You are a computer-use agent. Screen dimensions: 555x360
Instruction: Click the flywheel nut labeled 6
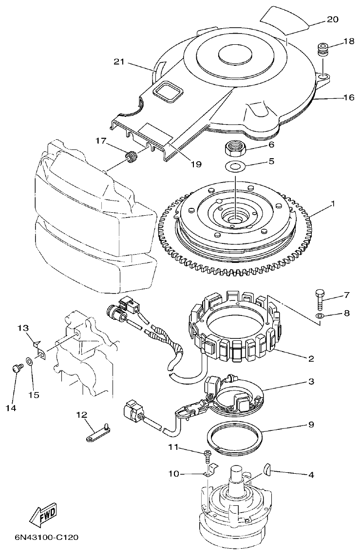(x=236, y=146)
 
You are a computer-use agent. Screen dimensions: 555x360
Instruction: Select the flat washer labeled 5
(x=236, y=166)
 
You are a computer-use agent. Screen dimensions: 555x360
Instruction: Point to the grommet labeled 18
(x=322, y=50)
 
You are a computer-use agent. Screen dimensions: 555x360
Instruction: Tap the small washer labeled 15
(x=30, y=362)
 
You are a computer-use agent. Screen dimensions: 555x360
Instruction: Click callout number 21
(x=119, y=62)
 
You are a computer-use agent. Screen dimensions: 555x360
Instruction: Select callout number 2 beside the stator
(x=311, y=358)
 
